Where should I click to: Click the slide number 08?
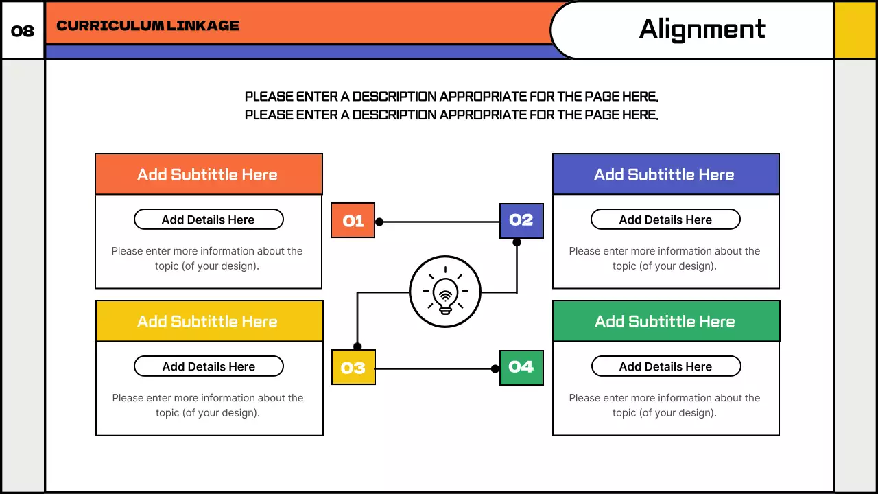point(23,31)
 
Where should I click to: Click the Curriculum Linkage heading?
point(147,26)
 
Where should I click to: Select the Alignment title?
point(702,30)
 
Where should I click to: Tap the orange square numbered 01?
point(353,220)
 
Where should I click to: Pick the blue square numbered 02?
point(521,220)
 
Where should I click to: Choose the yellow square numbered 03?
point(353,368)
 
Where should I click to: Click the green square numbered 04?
point(521,367)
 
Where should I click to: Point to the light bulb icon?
point(445,292)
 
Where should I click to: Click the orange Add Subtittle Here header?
point(208,174)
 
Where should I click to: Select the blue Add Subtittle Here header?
point(665,174)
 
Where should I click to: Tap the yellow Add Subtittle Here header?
point(208,321)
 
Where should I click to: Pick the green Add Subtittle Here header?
point(665,321)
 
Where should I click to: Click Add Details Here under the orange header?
point(208,220)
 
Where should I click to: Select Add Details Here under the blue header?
point(665,220)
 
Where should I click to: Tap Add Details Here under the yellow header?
point(209,366)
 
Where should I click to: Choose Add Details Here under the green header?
point(665,366)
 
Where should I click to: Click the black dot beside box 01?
point(379,222)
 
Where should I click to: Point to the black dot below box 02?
point(517,242)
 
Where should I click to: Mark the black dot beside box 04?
point(495,368)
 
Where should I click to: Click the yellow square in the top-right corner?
point(855,30)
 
